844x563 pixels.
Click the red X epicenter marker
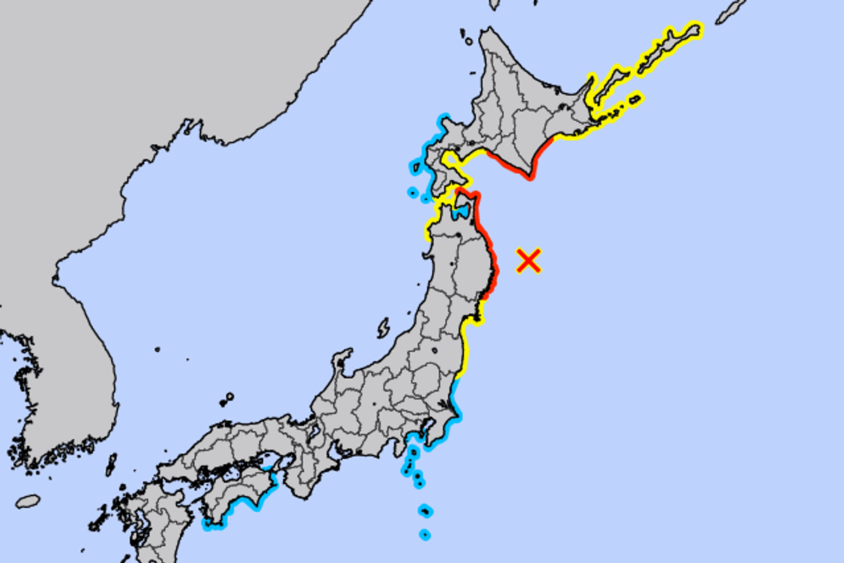click(x=528, y=260)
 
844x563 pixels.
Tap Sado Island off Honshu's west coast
click(x=383, y=328)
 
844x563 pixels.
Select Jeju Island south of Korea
click(x=27, y=501)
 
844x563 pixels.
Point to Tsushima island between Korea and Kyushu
click(x=111, y=464)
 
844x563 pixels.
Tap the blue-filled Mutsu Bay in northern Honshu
click(x=461, y=210)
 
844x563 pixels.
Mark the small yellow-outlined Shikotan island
click(x=635, y=99)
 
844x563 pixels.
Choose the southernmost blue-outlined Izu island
click(x=424, y=535)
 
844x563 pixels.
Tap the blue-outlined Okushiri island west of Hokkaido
click(x=415, y=167)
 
